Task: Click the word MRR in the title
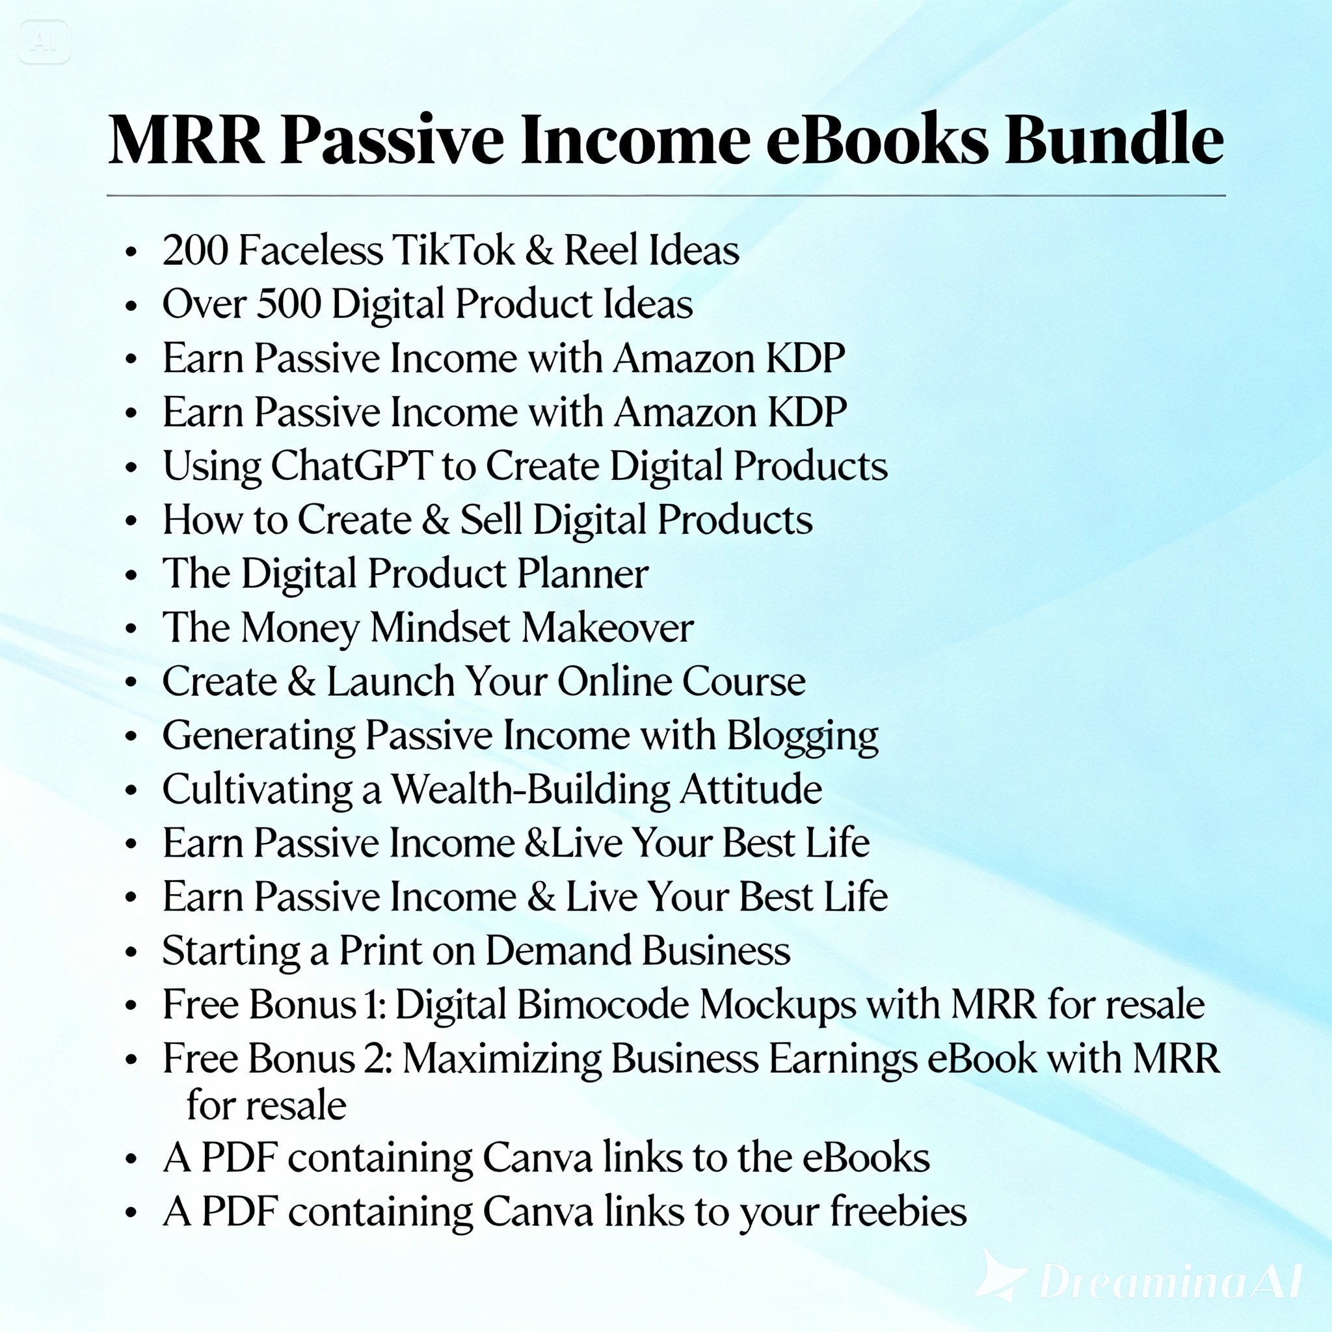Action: (x=186, y=139)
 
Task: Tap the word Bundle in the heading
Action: (x=1114, y=139)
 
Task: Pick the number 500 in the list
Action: (x=289, y=303)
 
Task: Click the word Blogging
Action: (x=803, y=736)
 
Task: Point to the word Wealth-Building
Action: (x=531, y=790)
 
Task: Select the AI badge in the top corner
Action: (x=44, y=43)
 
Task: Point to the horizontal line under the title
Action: (x=666, y=196)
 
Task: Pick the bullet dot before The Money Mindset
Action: (x=131, y=630)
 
